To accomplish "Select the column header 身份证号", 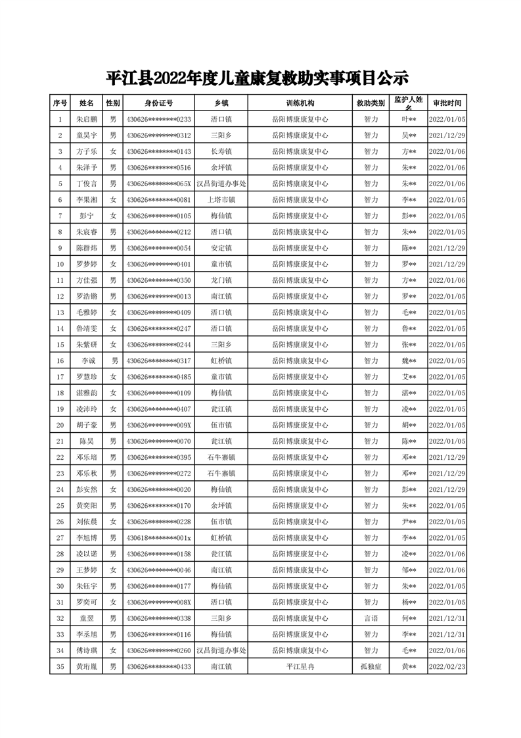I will click(158, 103).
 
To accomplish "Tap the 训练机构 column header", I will click(300, 103).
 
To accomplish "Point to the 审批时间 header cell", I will click(447, 103).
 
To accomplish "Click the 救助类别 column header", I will click(371, 103).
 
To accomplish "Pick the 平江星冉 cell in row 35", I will click(300, 666).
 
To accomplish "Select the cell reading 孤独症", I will click(371, 666).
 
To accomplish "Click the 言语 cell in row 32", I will click(371, 618).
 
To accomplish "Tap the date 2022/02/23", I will click(447, 666).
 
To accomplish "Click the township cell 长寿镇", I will click(221, 152).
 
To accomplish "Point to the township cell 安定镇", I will click(221, 248).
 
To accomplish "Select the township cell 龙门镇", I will click(221, 280).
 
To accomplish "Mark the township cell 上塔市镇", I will click(221, 200).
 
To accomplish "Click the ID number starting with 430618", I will click(158, 537).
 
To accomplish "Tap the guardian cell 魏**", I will click(409, 360).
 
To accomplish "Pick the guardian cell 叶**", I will click(409, 120).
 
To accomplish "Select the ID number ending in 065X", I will click(158, 184).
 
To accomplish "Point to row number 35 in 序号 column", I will click(60, 666).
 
